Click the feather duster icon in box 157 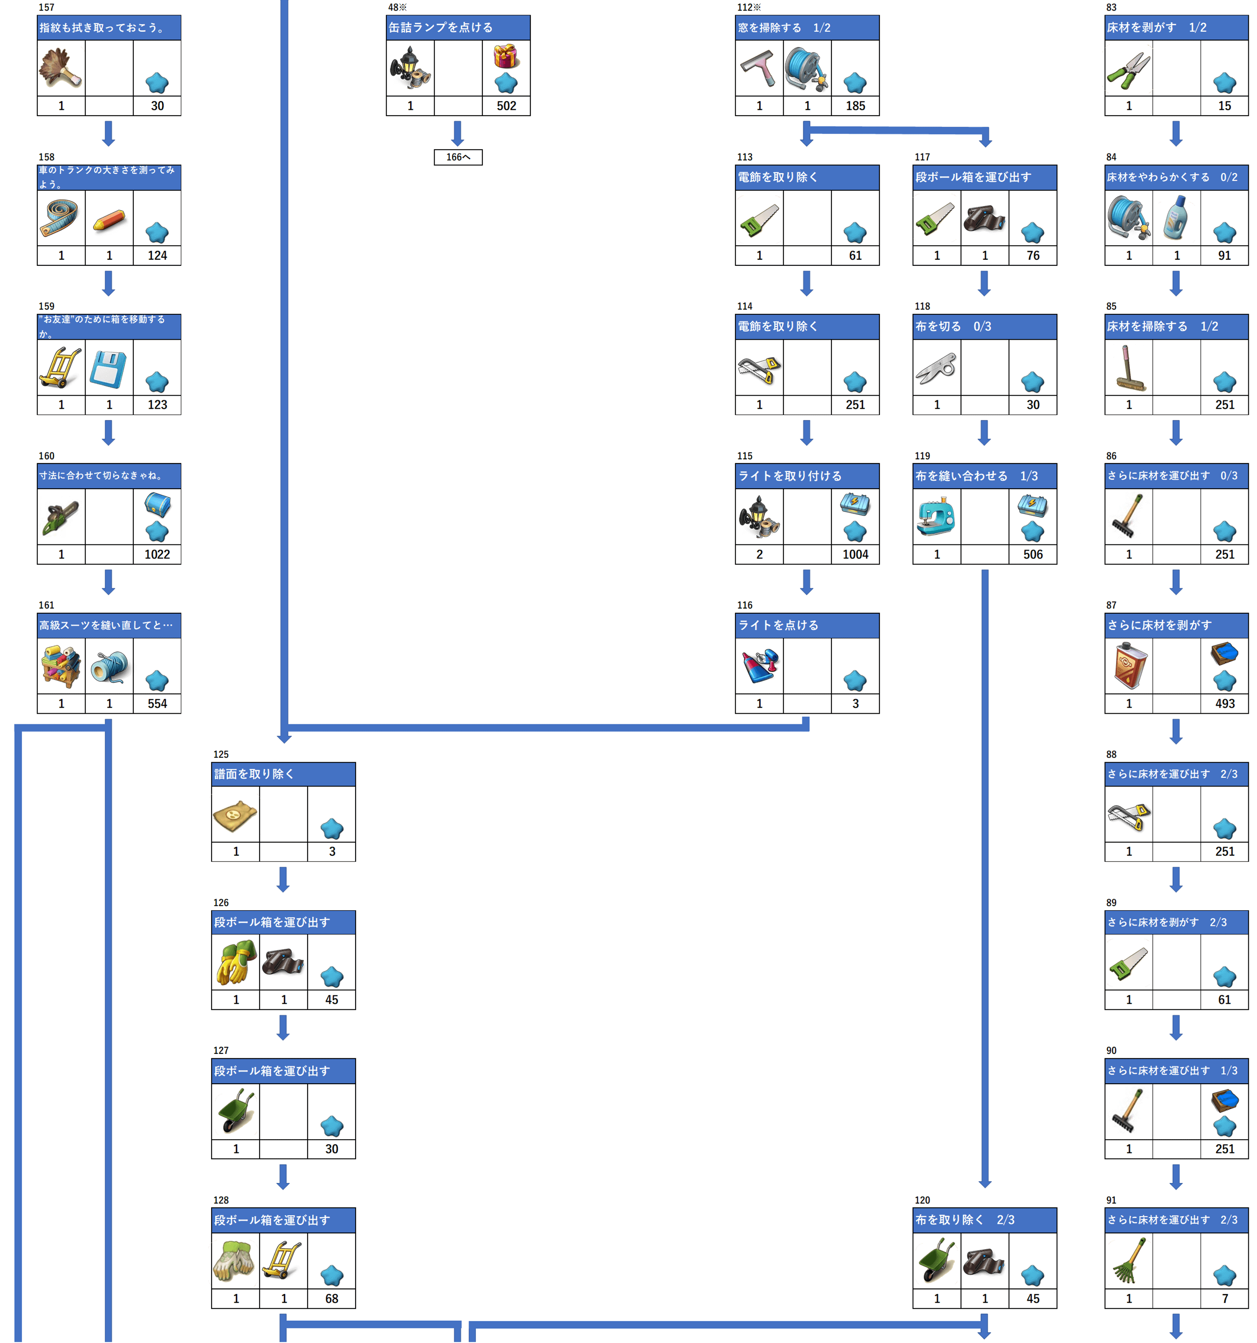coord(61,68)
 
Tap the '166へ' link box coord(458,158)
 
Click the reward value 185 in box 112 coord(855,106)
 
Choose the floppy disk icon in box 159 coord(109,369)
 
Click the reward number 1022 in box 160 coord(157,554)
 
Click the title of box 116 coord(778,625)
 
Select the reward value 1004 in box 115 coord(855,554)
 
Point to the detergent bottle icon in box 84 coord(1177,218)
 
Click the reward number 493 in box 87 coord(1225,704)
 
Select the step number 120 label coord(922,1201)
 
